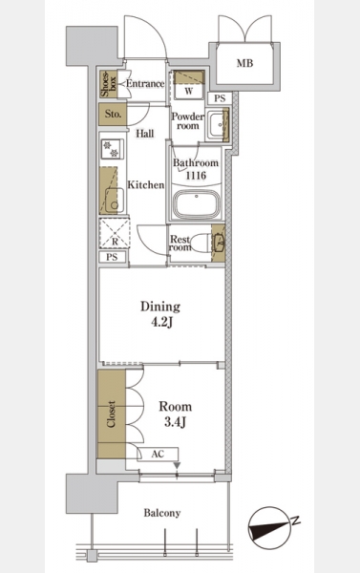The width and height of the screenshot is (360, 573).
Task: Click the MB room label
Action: [244, 63]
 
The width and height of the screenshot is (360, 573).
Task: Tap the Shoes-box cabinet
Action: [108, 84]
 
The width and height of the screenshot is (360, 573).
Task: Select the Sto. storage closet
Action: [113, 114]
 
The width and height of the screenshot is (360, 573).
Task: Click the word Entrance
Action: [145, 84]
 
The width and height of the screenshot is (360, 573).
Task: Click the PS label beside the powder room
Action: [220, 98]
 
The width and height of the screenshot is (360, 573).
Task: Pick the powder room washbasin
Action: [217, 124]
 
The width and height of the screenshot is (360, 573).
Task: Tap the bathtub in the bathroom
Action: [197, 204]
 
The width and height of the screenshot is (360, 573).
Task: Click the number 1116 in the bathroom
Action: [197, 176]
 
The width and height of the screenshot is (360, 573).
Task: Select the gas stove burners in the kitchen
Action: [113, 149]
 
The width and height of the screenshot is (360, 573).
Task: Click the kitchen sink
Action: [115, 201]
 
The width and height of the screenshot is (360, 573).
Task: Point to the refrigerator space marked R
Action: [115, 233]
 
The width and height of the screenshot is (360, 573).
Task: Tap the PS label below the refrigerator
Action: [113, 257]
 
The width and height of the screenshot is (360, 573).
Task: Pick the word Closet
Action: [111, 414]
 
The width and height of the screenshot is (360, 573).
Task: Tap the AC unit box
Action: [158, 455]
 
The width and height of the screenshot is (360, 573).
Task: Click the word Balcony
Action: [162, 513]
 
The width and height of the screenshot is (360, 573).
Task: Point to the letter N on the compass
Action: [296, 520]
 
